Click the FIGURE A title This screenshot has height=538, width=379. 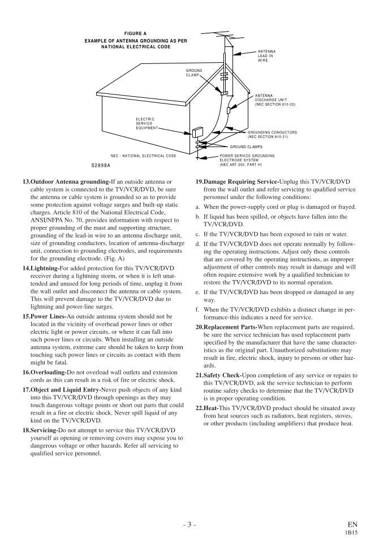135,33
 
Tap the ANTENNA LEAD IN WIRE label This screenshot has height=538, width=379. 266,55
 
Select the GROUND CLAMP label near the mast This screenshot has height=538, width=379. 193,72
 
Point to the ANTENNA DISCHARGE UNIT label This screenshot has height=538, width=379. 275,100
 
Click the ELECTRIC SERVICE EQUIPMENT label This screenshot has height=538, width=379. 145,123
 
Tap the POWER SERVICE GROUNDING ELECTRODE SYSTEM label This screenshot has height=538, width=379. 247,160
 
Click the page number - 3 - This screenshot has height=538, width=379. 189,524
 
